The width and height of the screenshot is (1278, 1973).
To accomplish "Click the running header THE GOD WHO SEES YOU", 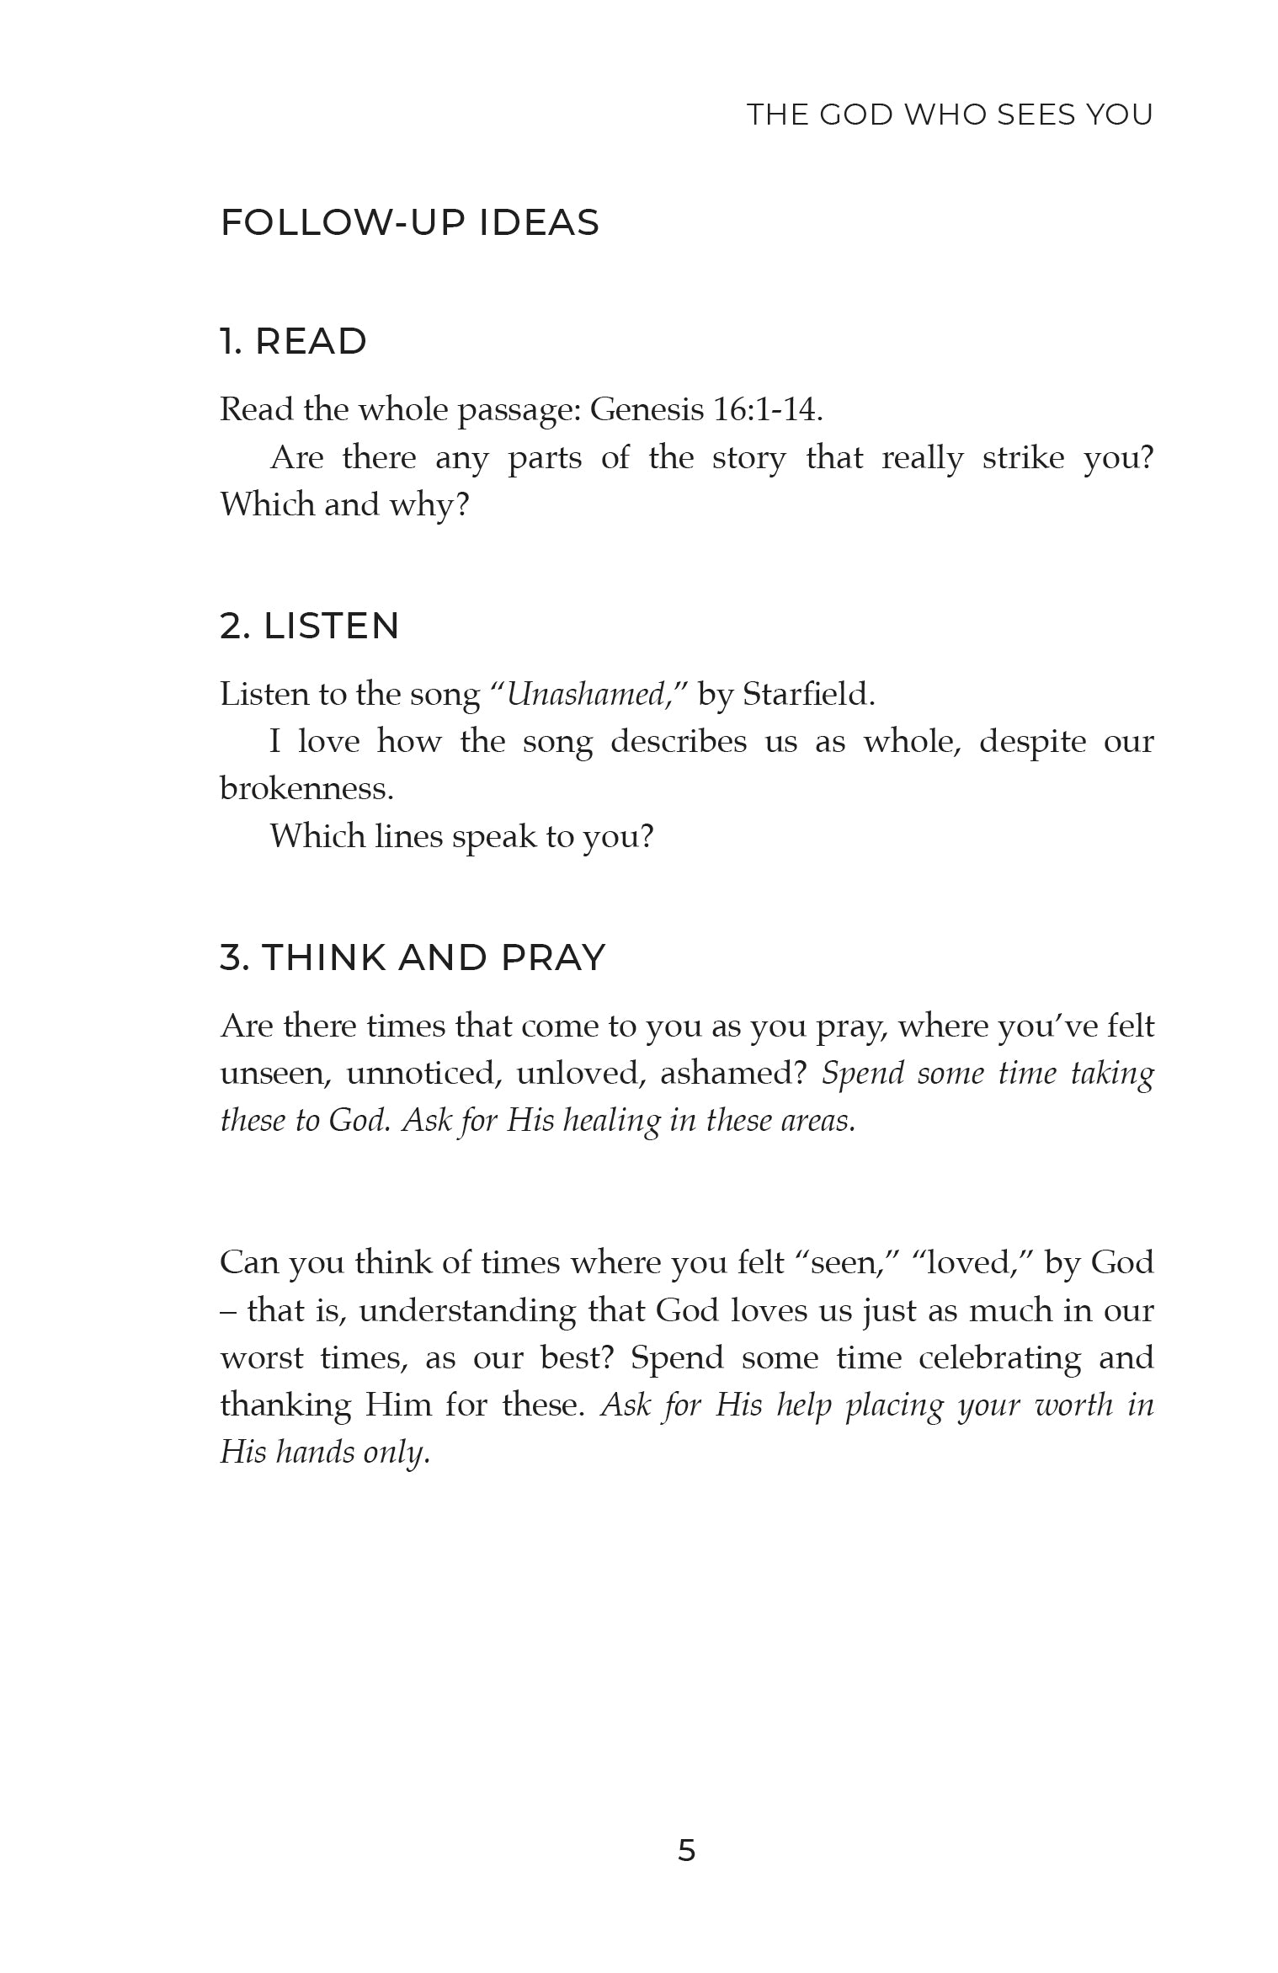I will click(950, 115).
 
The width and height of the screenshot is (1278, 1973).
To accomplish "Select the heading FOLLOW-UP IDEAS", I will click(409, 223).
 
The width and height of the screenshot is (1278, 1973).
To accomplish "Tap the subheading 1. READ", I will click(293, 341).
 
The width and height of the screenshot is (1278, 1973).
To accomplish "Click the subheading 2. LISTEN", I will click(309, 626).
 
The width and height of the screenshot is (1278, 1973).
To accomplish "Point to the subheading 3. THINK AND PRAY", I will click(413, 957).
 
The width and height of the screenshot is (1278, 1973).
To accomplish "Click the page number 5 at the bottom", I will click(686, 1849).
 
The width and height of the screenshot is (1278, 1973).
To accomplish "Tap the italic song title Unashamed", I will click(586, 694).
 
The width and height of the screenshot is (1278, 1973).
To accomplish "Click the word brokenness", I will click(306, 789).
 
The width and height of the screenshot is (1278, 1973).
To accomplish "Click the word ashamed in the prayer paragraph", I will click(732, 1074).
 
